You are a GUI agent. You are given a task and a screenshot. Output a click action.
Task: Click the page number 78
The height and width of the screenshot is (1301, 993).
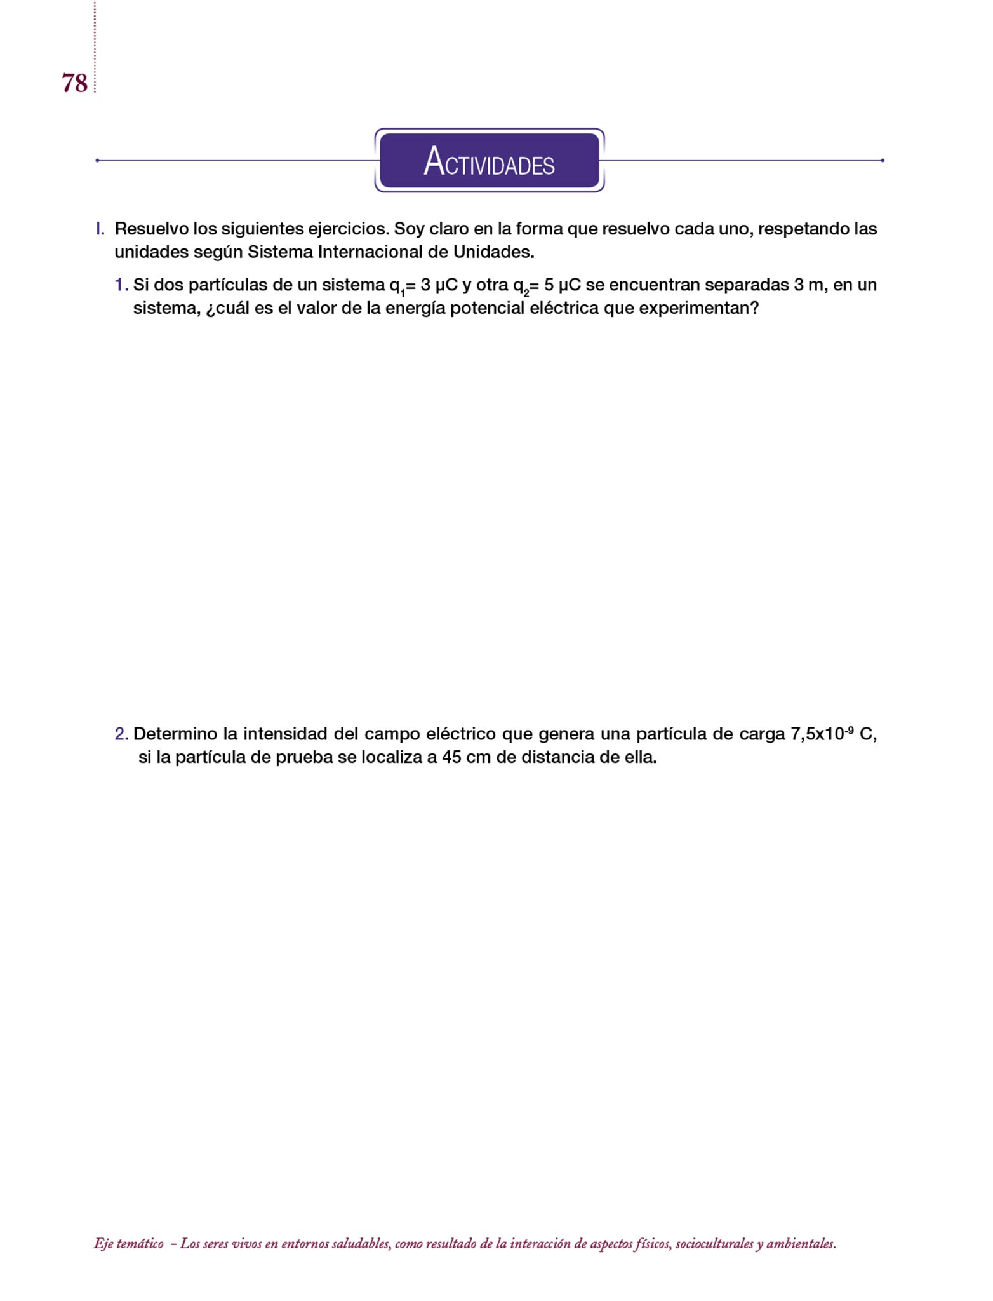tap(74, 83)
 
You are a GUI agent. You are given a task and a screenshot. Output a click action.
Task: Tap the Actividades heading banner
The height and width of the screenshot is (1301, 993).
tap(489, 161)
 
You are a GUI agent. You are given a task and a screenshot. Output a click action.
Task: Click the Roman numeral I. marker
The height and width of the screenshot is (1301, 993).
tap(100, 229)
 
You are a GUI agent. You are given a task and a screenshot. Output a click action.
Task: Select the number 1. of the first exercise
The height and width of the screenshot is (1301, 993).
tap(121, 285)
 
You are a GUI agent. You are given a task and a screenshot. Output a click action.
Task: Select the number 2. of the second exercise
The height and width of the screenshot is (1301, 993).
tap(121, 734)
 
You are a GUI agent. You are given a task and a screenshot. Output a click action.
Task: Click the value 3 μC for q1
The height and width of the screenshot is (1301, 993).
tap(439, 285)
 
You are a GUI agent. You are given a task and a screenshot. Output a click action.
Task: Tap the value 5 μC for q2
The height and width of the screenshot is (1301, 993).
tap(562, 285)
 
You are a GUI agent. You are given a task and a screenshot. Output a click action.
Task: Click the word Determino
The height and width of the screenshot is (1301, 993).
tap(175, 734)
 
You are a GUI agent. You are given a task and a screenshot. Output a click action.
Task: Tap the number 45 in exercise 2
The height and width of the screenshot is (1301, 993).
tap(451, 758)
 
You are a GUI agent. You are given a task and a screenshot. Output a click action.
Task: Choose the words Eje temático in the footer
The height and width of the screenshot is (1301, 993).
tap(128, 1244)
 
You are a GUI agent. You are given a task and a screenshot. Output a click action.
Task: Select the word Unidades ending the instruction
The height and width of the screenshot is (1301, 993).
tap(493, 252)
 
